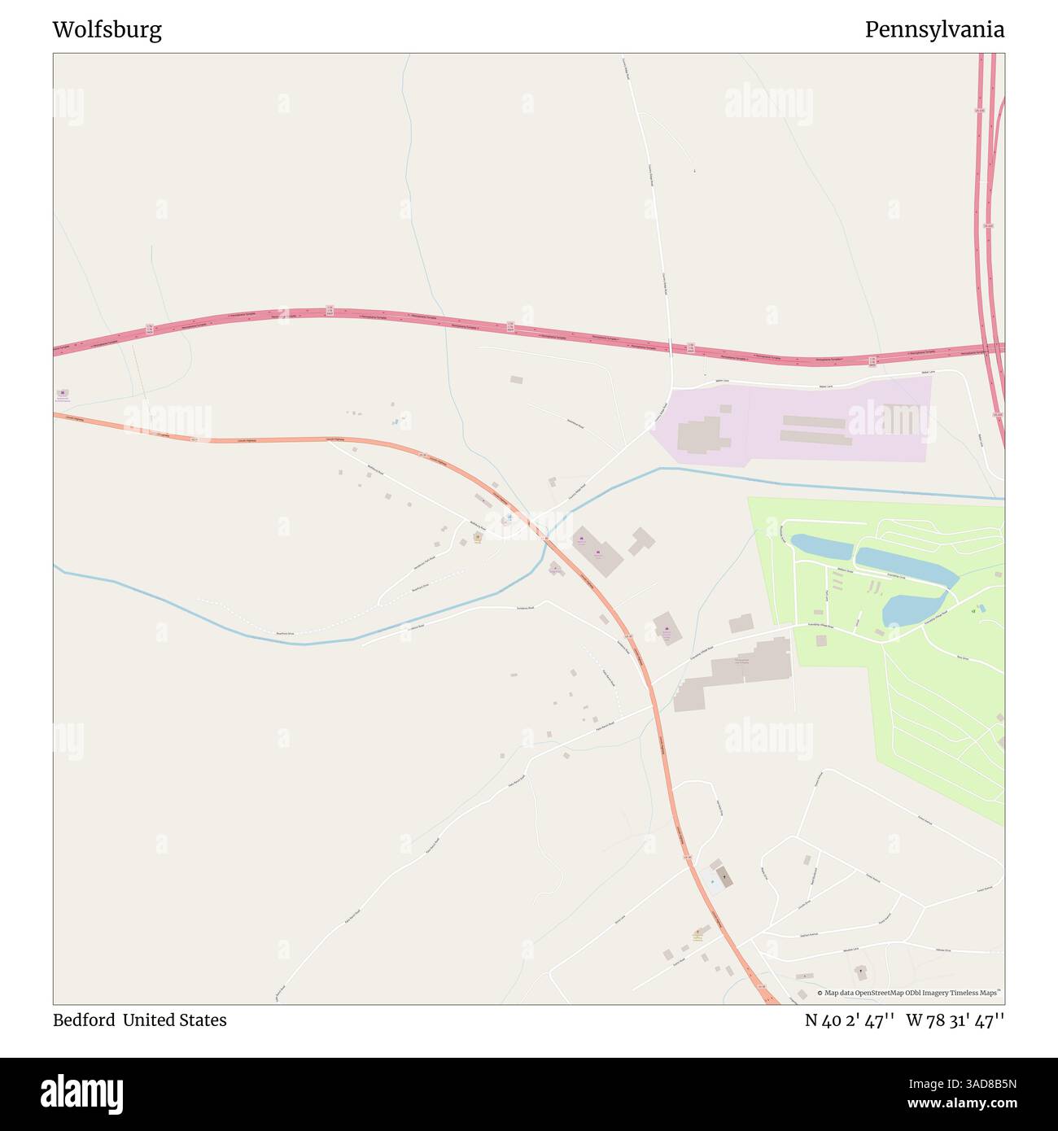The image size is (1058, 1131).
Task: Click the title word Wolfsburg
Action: point(107,30)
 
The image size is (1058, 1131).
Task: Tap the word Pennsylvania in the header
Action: point(933,30)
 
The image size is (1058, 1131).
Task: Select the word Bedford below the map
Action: point(83,1020)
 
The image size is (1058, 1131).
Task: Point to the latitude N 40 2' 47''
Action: point(850,1020)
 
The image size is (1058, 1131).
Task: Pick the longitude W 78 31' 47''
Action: point(955,1020)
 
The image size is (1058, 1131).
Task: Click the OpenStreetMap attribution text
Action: point(910,993)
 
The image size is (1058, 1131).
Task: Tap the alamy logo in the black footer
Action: point(82,1093)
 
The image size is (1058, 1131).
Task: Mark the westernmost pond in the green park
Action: point(820,546)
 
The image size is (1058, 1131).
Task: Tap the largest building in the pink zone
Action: point(699,434)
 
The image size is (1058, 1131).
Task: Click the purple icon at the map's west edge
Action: point(63,393)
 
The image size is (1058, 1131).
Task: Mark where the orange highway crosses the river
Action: point(547,539)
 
